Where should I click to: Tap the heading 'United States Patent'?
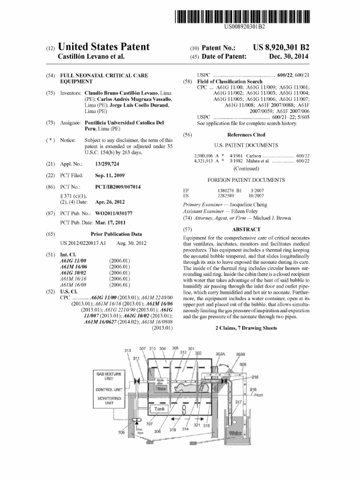tap(104, 47)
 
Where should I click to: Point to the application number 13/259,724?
tap(107, 164)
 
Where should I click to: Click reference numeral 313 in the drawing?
tap(127, 351)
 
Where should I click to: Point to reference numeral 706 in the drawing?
tap(122, 432)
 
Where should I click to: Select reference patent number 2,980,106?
tap(204, 155)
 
